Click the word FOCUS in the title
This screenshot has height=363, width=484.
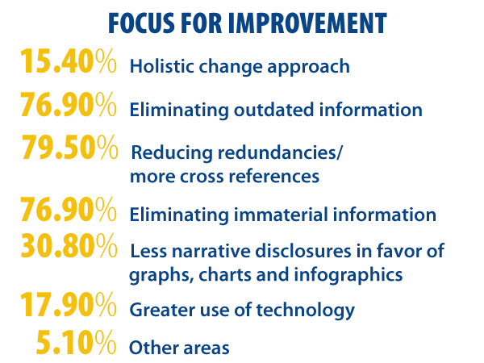pos(141,23)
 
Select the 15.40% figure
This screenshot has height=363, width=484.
pos(69,61)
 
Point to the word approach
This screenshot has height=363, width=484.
pos(308,68)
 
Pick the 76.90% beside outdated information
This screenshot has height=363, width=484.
pos(69,104)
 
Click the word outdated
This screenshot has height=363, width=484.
pos(273,110)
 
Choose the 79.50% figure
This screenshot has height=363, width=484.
pos(69,147)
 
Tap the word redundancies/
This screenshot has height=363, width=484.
pos(280,152)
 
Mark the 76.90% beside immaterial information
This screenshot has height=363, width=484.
pos(69,209)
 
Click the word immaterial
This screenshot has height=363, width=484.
pos(281,215)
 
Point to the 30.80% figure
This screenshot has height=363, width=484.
pos(69,245)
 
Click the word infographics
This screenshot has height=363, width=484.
pos(348,275)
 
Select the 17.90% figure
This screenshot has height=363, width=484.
pos(69,304)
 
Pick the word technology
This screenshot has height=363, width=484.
pos(305,311)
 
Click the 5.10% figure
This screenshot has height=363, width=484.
pos(76,342)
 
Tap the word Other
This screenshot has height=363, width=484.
pos(154,348)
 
